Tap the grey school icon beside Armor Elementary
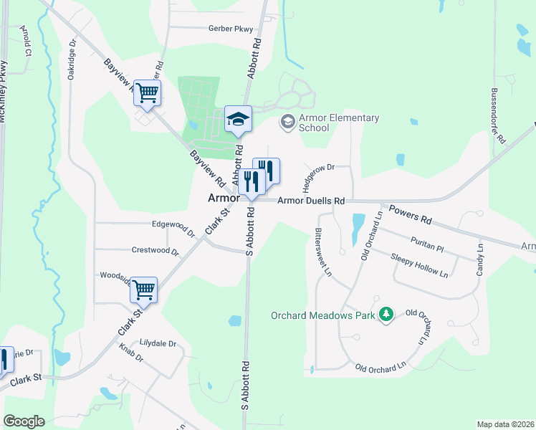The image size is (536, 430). (287, 121)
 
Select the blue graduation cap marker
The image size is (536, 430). (238, 119)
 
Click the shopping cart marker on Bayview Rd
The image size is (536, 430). (147, 92)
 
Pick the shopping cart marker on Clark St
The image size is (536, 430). (144, 290)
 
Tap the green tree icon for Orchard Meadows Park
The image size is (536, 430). (386, 314)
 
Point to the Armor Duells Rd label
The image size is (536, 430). (312, 202)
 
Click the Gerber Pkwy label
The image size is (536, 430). (211, 28)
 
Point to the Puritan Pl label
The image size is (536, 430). (429, 243)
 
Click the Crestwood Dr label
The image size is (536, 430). (155, 250)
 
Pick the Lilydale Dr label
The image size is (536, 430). (158, 343)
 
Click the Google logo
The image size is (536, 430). (24, 421)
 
